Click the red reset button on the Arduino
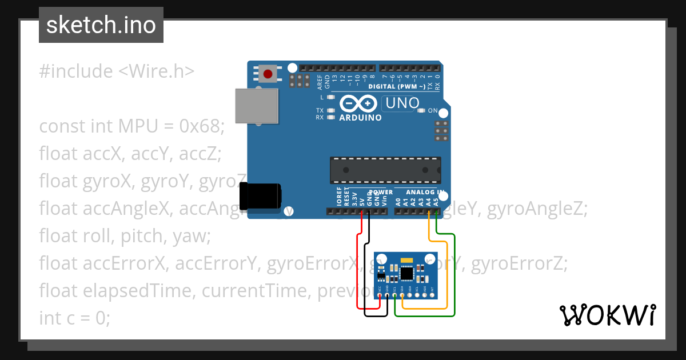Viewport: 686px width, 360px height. [x=268, y=74]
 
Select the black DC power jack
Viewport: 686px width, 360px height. [x=260, y=196]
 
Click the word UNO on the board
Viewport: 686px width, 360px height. [x=403, y=103]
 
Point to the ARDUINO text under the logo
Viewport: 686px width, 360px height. [x=360, y=118]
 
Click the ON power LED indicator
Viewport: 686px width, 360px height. [x=422, y=110]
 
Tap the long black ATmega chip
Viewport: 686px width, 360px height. [x=385, y=170]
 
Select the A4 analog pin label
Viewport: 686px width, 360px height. [x=429, y=201]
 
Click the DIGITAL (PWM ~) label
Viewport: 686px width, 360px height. [x=396, y=87]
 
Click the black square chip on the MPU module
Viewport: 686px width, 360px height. [x=406, y=274]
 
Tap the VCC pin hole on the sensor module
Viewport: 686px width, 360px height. [x=380, y=295]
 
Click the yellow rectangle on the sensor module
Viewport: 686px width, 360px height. [x=406, y=261]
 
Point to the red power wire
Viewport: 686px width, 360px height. [x=358, y=269]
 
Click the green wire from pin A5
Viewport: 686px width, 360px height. [x=454, y=274]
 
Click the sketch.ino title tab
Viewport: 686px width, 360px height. [x=101, y=25]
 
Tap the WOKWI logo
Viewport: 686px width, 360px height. [x=607, y=315]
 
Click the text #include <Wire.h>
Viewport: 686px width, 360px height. [x=117, y=71]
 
